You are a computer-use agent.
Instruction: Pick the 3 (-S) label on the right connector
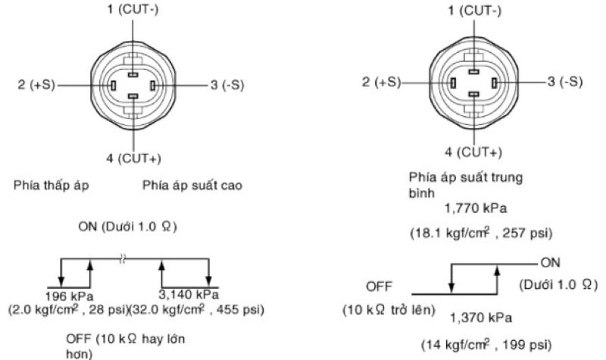(x=565, y=81)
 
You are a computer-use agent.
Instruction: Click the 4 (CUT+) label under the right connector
(x=473, y=152)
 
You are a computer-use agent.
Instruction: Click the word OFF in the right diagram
(x=377, y=288)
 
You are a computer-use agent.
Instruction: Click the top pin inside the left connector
(x=133, y=74)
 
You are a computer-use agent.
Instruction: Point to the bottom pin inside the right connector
(x=473, y=92)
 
